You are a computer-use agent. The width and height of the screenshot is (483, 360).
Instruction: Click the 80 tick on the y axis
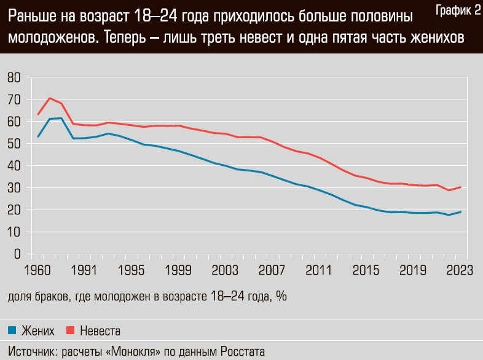(14, 77)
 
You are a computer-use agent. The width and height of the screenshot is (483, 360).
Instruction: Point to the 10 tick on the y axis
(14, 232)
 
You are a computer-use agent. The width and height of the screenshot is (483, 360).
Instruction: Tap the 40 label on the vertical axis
(14, 166)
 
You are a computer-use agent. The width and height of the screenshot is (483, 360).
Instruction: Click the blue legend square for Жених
(12, 331)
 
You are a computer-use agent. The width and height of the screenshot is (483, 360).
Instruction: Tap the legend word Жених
(38, 331)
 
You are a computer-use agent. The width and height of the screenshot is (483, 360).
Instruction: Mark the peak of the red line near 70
(50, 98)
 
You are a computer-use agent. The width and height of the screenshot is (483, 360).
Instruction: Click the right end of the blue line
(461, 212)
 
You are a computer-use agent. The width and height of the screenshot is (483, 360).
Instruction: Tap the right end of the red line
(461, 187)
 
